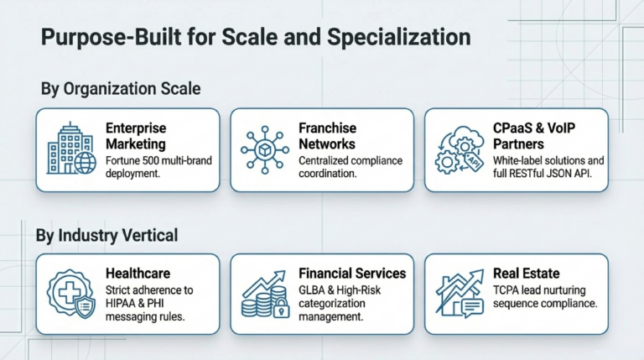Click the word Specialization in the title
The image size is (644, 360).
(x=399, y=38)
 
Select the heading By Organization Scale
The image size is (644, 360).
(x=121, y=89)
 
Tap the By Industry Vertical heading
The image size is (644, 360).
(x=106, y=236)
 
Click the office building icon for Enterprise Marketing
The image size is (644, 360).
(x=71, y=149)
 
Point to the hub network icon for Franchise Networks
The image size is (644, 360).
(x=265, y=149)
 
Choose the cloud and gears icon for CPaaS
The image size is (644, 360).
(x=460, y=149)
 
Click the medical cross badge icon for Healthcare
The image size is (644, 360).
(x=71, y=294)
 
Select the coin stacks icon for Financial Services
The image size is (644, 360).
(x=265, y=295)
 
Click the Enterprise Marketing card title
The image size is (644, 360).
(x=136, y=136)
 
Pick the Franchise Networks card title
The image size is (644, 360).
(x=327, y=136)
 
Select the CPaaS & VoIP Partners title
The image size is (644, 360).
(x=534, y=136)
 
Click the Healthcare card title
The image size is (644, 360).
(x=138, y=274)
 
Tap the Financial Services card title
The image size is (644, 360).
(x=352, y=274)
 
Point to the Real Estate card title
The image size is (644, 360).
(x=526, y=274)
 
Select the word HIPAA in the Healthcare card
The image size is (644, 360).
(x=118, y=304)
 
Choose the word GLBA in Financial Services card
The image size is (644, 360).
(x=312, y=290)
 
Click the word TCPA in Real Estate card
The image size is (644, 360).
(x=506, y=290)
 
